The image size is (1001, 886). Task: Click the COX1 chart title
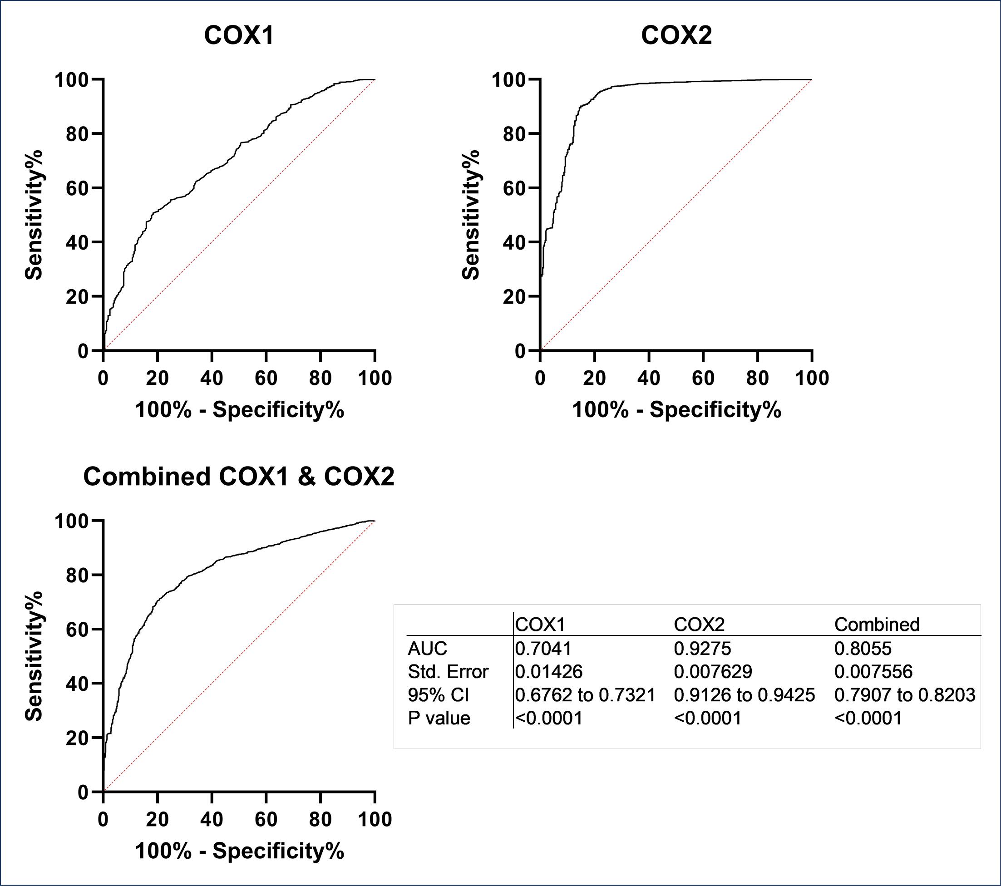click(238, 35)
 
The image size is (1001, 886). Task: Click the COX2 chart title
click(676, 35)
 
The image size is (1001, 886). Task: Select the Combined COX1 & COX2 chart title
click(238, 477)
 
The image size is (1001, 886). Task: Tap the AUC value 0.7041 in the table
click(543, 649)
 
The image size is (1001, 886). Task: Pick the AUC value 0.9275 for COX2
click(702, 649)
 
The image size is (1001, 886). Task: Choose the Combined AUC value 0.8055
click(863, 649)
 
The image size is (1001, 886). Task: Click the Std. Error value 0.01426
click(548, 671)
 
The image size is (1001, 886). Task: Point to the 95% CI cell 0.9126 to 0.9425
click(745, 695)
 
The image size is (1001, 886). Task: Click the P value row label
click(439, 719)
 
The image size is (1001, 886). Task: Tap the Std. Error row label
click(448, 671)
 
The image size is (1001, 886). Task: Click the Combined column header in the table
click(877, 625)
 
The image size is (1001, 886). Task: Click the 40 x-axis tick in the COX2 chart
click(649, 378)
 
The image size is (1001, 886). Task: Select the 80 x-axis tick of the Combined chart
click(321, 819)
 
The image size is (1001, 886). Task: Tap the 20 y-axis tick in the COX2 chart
click(515, 297)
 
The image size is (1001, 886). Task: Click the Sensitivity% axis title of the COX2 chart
click(471, 215)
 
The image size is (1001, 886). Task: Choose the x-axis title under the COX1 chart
click(240, 409)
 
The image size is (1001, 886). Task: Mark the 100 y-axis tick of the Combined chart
click(72, 521)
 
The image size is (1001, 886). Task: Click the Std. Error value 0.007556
click(873, 671)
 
